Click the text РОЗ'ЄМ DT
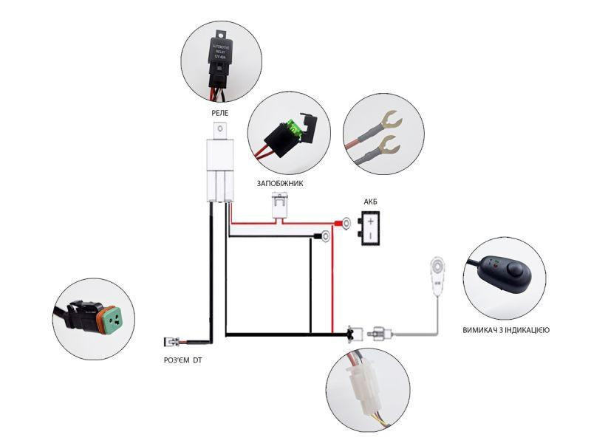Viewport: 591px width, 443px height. point(182,360)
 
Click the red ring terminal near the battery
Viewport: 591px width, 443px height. point(345,221)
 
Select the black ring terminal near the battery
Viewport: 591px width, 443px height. point(324,237)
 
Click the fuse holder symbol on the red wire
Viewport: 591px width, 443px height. point(279,205)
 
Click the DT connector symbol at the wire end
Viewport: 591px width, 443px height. point(170,342)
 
